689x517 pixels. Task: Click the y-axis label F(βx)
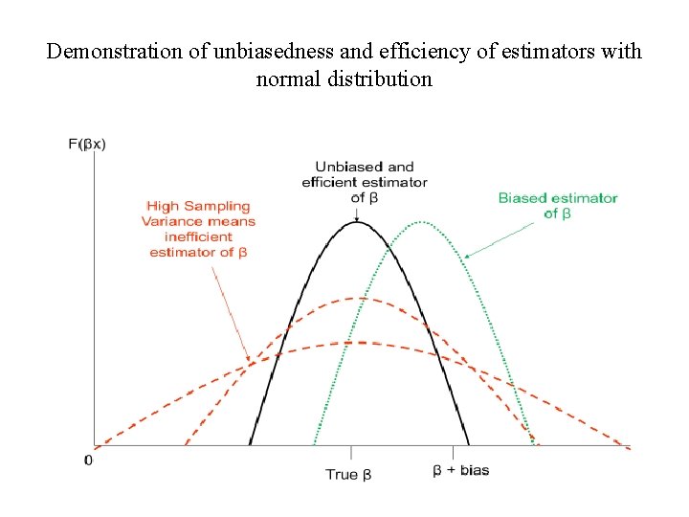(87, 145)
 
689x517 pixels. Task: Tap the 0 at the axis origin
(89, 461)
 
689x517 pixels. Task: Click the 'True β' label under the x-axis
(348, 474)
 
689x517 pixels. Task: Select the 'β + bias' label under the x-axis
(460, 470)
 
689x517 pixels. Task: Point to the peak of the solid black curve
(357, 222)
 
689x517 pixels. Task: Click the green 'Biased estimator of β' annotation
(557, 206)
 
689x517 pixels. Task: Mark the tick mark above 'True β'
(351, 453)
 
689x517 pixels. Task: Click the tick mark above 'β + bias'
(453, 452)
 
